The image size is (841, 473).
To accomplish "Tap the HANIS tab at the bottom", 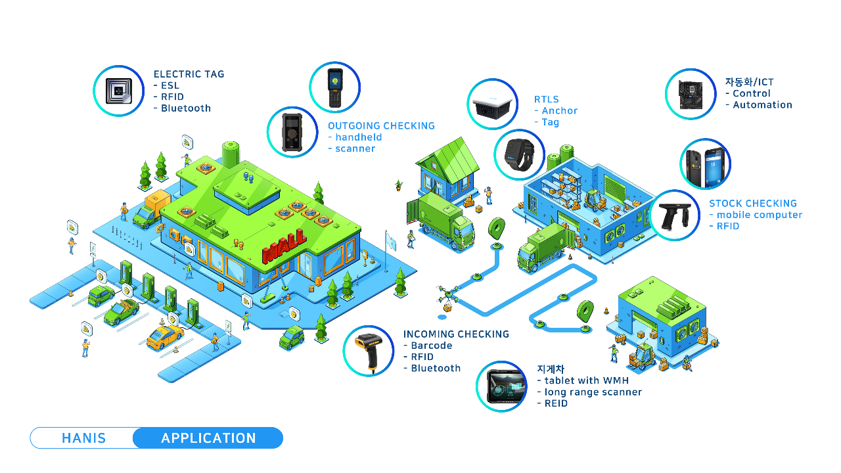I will [83, 438].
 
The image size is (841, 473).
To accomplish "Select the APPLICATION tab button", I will [208, 438].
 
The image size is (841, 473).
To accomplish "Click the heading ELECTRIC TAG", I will [189, 74].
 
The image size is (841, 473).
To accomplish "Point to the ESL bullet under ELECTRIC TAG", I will [170, 85].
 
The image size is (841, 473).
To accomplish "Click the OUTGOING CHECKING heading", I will [381, 125].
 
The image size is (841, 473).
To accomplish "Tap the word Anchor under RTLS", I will [559, 111].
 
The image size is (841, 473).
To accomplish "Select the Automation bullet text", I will [762, 105].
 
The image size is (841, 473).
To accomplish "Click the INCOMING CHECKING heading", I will [456, 334].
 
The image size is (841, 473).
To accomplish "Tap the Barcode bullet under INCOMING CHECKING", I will [431, 346].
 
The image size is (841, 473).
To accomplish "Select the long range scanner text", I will [593, 392].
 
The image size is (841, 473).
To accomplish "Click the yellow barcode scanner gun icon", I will [368, 350].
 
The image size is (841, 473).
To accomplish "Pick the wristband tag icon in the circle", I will [519, 154].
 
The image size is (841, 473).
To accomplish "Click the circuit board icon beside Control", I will [690, 94].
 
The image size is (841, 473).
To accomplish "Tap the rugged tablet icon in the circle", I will [501, 387].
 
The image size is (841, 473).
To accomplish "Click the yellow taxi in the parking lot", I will [164, 337].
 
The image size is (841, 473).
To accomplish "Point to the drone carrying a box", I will [448, 297].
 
